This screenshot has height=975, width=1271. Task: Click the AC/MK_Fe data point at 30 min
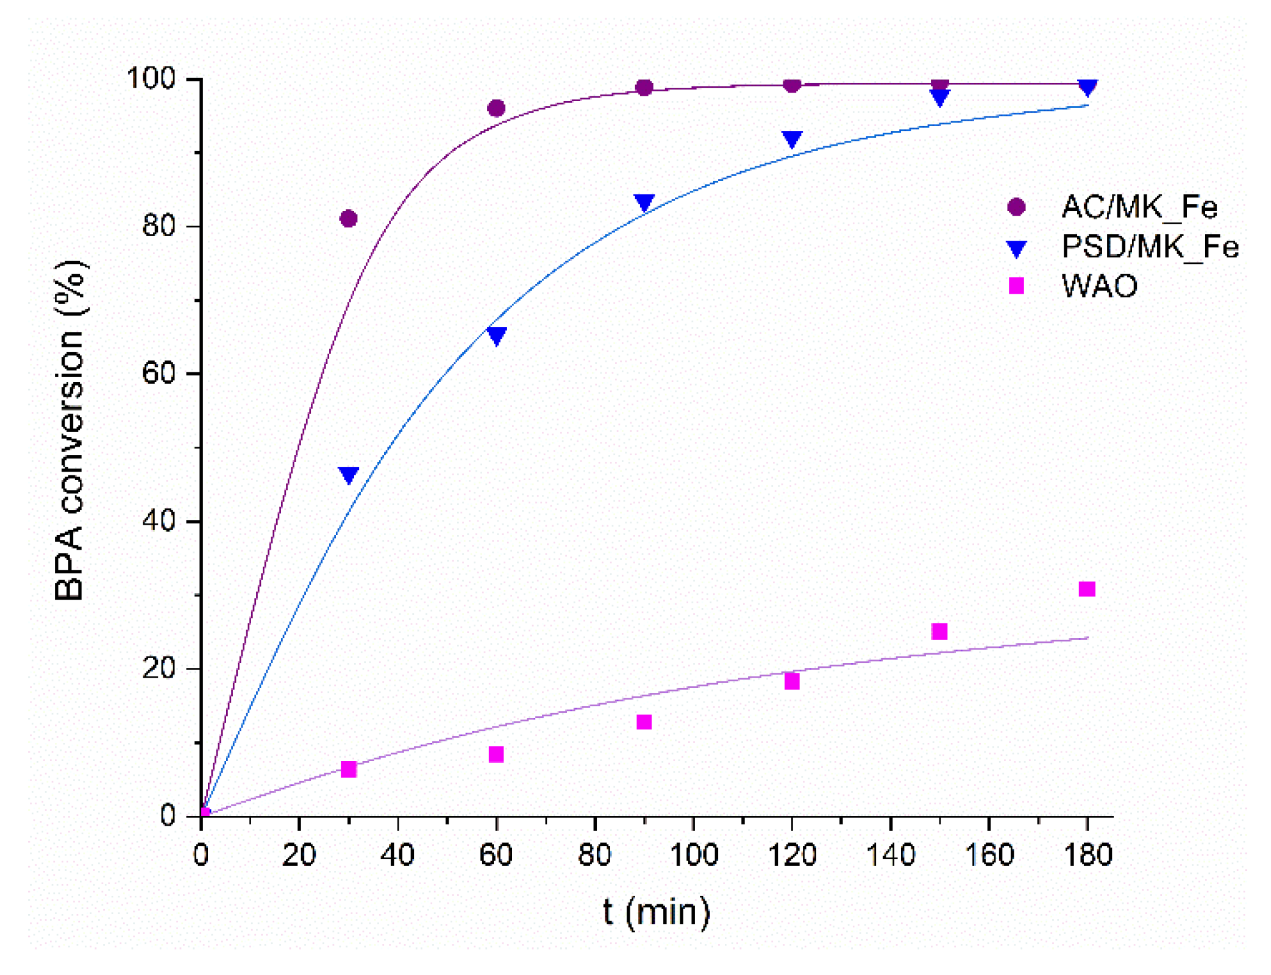tap(348, 218)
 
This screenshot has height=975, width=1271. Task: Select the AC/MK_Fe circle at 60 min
tap(496, 108)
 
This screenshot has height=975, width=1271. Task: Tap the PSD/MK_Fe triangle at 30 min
tap(348, 474)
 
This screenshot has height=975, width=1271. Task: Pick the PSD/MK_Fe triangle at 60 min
tap(496, 335)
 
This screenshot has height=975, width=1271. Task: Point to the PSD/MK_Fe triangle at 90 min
tap(644, 202)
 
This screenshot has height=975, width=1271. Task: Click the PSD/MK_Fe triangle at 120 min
tap(792, 139)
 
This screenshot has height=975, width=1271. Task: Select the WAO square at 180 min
tap(1087, 589)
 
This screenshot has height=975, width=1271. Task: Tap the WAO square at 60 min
tap(496, 754)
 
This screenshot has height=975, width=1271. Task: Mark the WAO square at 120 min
tap(792, 681)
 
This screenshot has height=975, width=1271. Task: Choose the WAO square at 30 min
tap(348, 769)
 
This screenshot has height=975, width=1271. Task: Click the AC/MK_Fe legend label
tap(1139, 207)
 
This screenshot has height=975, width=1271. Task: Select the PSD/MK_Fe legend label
tap(1150, 247)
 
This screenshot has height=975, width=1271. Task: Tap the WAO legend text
tap(1099, 286)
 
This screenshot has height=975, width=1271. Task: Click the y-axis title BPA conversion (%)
tap(69, 430)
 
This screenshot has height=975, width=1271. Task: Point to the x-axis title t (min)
tap(657, 912)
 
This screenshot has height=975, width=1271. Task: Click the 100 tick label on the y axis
tap(151, 79)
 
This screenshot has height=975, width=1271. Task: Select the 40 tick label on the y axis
tap(158, 521)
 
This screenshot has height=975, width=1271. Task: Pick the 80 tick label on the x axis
tap(595, 855)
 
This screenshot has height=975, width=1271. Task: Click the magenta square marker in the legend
tap(1016, 286)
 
